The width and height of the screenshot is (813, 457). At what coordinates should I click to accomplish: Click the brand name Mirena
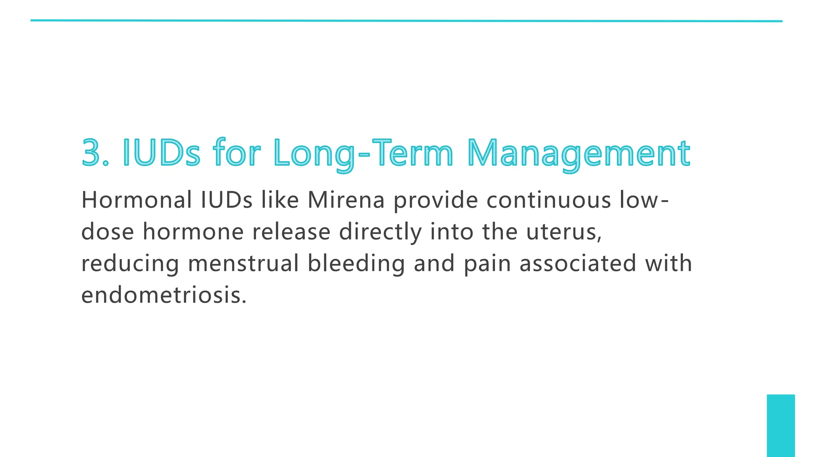tap(346, 200)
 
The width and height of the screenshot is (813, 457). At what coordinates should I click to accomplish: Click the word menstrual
tap(243, 263)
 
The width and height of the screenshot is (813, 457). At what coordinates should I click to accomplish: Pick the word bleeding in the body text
tap(356, 264)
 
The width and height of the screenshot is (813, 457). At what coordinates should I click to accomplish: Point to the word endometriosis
tap(164, 295)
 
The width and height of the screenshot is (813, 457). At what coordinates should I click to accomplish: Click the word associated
tap(578, 263)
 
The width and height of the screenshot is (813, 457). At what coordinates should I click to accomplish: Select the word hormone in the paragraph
tap(193, 232)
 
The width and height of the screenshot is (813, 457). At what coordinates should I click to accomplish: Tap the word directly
tap(380, 232)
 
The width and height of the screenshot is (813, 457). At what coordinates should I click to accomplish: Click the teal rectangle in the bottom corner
tap(780, 425)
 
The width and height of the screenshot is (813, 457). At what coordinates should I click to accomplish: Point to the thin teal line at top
tap(406, 21)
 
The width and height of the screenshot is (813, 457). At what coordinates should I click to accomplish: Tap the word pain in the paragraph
tap(487, 264)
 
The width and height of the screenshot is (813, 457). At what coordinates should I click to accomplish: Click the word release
tap(291, 232)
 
